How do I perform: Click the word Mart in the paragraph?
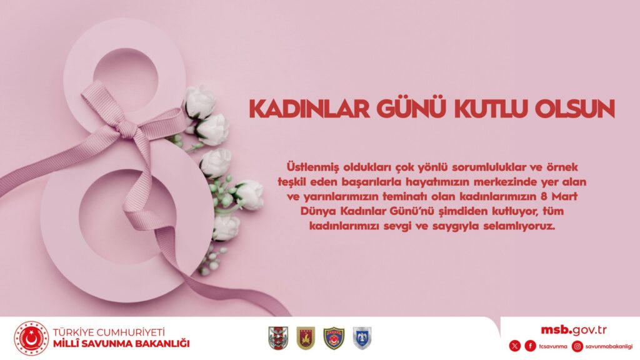point(564,196)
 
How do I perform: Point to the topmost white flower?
point(199,102)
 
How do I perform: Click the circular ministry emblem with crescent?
point(31,338)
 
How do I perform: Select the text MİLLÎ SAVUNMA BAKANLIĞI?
point(121,344)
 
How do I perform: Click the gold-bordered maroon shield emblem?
point(306,338)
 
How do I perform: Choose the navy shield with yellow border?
point(334,338)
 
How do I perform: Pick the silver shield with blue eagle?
point(362,338)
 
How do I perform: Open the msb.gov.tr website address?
point(574,330)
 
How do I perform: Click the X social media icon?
point(515,346)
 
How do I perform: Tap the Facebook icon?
point(530,346)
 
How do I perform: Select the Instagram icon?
point(577,346)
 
